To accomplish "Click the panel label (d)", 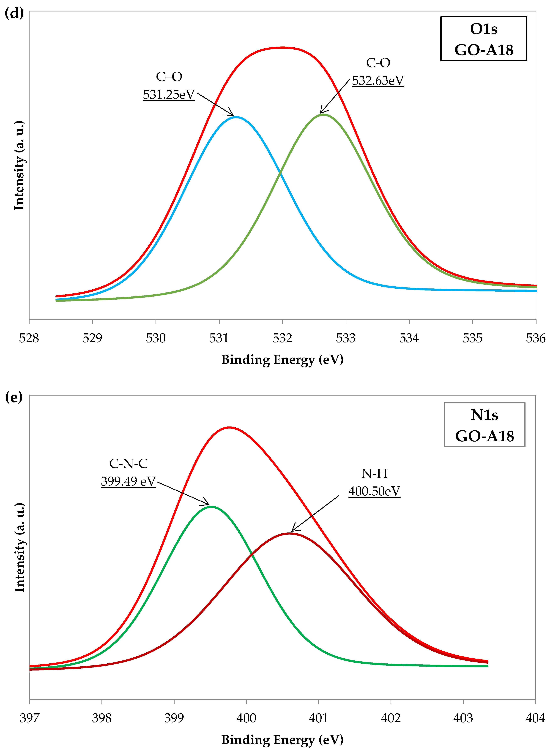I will click(x=14, y=13).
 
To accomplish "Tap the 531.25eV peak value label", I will click(x=169, y=95).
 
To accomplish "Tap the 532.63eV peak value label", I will click(x=378, y=81).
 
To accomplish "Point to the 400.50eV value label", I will click(x=374, y=491).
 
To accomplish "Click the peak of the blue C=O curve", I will click(x=236, y=117).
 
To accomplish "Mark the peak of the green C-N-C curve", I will click(x=211, y=506).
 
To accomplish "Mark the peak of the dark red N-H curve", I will click(x=289, y=533).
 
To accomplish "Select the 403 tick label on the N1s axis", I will click(x=463, y=718).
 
